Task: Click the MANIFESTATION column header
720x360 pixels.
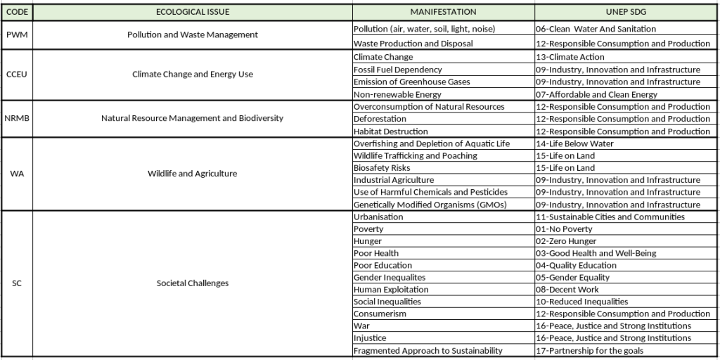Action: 443,12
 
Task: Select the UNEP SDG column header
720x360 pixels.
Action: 626,12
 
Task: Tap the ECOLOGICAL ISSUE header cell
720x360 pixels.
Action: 192,12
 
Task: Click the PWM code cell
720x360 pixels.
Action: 17,34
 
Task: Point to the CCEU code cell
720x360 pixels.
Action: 17,74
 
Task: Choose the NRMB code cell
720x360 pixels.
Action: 17,118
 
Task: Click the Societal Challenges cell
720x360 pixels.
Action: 192,283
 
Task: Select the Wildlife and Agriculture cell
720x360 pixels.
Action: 192,174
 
